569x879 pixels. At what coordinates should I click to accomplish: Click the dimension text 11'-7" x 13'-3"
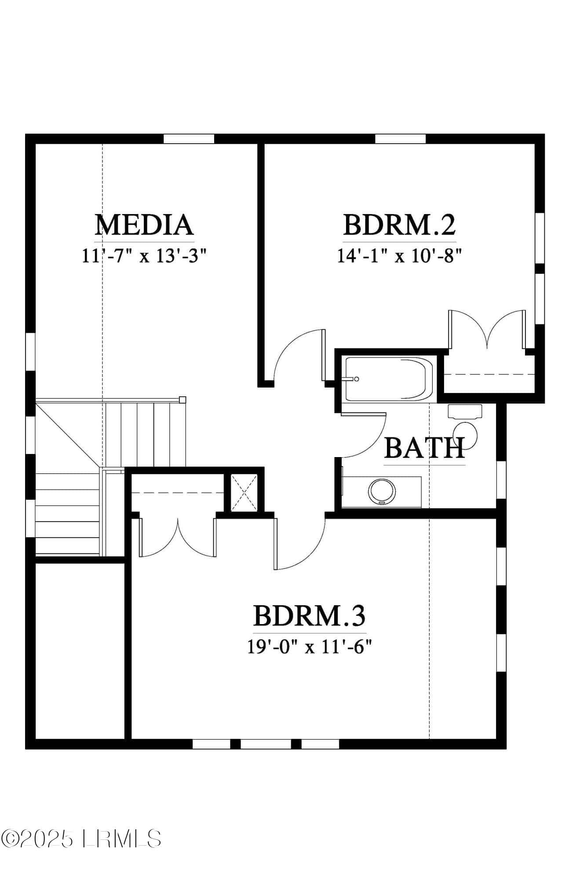(x=144, y=255)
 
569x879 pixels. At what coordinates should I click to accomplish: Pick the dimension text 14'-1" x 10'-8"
(x=399, y=255)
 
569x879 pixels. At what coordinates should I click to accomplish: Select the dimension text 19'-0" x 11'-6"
(x=310, y=647)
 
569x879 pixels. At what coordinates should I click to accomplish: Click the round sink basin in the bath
(x=382, y=491)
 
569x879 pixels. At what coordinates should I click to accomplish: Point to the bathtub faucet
(x=352, y=379)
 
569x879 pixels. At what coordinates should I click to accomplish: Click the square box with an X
(x=244, y=492)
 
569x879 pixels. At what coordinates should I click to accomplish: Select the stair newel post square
(x=182, y=400)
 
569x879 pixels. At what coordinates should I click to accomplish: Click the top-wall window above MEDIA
(x=189, y=139)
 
